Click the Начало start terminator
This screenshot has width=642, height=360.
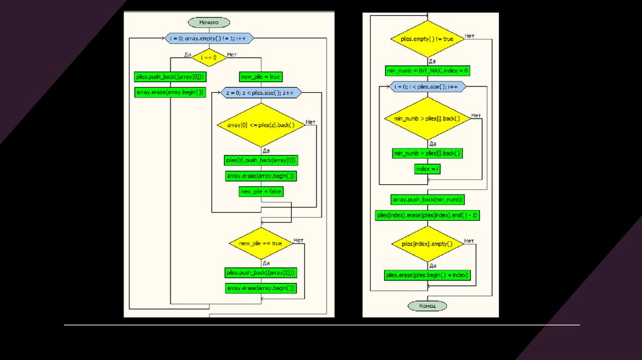209,23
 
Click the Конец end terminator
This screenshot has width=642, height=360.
428,306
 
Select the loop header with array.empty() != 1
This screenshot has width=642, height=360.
209,39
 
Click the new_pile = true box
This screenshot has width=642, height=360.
261,77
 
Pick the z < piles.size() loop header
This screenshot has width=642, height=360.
261,93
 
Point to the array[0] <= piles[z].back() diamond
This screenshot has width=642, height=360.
261,125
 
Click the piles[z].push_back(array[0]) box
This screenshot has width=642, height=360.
261,160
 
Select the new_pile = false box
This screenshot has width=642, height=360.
261,191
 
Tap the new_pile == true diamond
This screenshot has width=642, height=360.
261,243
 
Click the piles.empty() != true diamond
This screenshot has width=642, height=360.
427,39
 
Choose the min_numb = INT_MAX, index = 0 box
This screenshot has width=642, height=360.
427,71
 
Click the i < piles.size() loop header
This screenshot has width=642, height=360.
427,87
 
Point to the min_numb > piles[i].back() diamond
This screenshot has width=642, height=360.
427,119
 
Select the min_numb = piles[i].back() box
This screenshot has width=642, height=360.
427,153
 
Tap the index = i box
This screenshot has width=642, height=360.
428,169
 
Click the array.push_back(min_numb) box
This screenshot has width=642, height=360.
428,199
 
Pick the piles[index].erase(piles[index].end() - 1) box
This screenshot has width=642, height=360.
427,215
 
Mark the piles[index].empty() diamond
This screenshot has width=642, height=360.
427,243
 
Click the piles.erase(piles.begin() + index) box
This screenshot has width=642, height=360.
427,275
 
